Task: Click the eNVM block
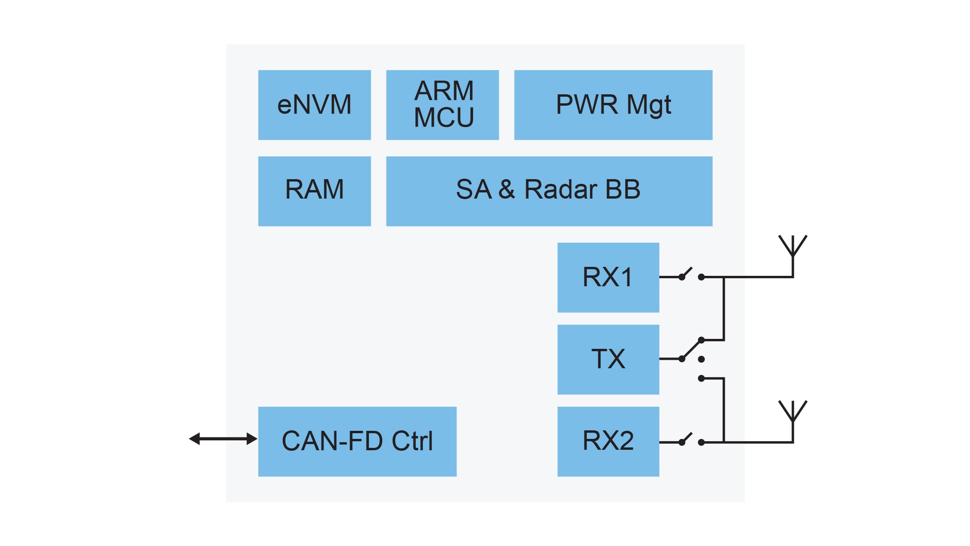click(314, 105)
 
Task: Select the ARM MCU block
click(442, 105)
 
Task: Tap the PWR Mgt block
click(613, 105)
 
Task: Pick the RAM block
click(314, 191)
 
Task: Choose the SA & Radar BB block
click(549, 191)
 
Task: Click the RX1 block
click(608, 277)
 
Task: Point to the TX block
click(608, 359)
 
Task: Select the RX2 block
click(608, 441)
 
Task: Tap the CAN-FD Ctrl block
click(357, 441)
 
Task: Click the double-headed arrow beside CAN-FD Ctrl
click(223, 439)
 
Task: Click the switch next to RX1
click(691, 275)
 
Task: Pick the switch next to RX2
click(691, 440)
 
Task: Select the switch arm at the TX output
click(691, 350)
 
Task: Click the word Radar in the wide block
click(561, 190)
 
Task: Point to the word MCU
click(444, 118)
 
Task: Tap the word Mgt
click(648, 105)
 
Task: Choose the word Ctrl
click(412, 441)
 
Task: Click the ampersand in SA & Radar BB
click(506, 190)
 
